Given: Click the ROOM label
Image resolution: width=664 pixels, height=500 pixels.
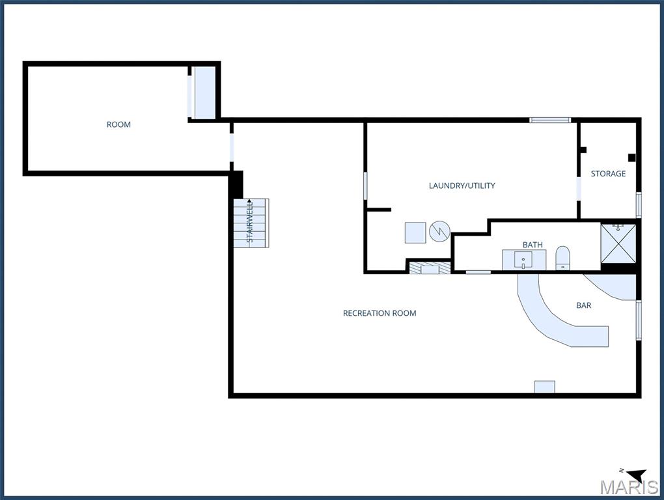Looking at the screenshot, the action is pos(118,124).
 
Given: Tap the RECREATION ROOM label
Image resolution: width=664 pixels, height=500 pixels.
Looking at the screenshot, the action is pos(380,313).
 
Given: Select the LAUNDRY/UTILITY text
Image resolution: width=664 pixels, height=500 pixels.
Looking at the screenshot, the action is pos(462,186).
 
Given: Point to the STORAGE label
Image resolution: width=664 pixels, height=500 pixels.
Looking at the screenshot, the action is pos(608,174).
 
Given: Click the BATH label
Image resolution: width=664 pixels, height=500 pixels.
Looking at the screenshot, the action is pos(533,245).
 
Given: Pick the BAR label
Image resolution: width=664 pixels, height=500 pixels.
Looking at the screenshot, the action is pos(583,305).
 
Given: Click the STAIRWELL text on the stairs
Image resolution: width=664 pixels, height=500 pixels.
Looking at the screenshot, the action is pos(250,221).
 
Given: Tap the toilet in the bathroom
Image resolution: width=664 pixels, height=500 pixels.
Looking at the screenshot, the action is pos(563,257).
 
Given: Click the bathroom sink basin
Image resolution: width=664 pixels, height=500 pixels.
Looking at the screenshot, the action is pos(523,260).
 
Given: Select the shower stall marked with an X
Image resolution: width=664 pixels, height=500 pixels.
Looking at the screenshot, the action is pos(618,243).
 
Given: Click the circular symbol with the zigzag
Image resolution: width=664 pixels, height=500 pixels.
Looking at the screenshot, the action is pos(439,232).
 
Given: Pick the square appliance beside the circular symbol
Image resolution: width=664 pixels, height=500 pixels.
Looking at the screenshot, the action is pos(415,233).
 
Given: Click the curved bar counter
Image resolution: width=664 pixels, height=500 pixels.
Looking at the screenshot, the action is pos(551,320).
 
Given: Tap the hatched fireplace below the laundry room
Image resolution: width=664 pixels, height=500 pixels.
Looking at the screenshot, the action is pos(430,268).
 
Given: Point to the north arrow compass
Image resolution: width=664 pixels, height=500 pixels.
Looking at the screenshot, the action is pos(637,475).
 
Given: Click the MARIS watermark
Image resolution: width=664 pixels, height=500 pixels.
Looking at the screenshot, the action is pos(629,487).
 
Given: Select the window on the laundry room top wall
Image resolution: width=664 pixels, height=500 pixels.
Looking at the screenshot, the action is pos(550,120).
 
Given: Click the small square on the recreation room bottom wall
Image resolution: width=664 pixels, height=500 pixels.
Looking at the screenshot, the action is pos(545,387).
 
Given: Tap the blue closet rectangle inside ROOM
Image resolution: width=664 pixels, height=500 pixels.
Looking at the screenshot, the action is pos(204,92).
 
